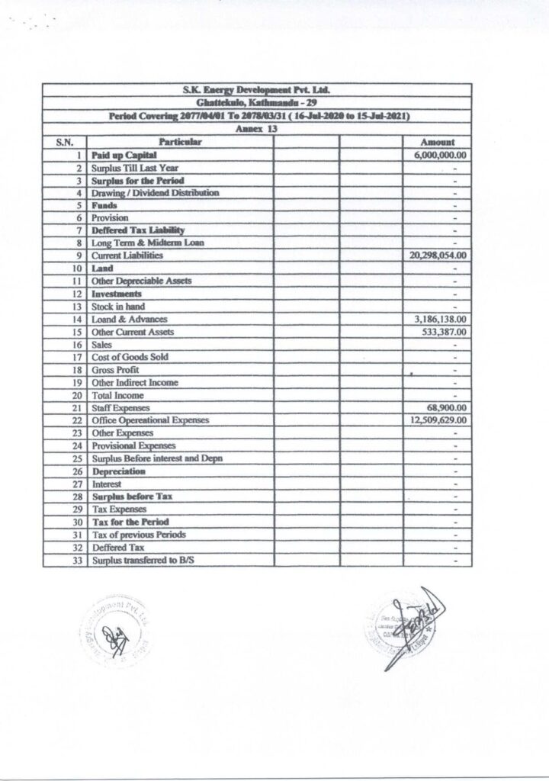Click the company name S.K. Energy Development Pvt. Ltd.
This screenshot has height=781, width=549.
click(262, 91)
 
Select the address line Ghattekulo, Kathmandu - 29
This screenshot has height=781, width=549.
click(262, 103)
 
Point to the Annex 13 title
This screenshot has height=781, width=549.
click(262, 129)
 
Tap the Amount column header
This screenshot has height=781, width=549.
click(438, 142)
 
